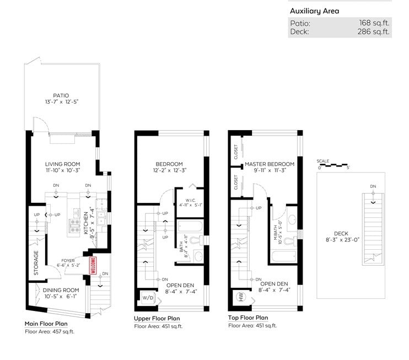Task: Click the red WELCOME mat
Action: [93, 265]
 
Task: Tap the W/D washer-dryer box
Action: [148, 297]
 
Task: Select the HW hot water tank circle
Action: [240, 297]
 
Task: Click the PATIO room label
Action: [61, 95]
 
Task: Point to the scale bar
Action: [333, 165]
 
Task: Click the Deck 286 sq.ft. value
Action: [373, 31]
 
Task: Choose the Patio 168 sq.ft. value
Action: [374, 23]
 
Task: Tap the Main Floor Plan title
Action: [46, 324]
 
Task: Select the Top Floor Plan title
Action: [248, 318]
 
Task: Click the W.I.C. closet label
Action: [190, 200]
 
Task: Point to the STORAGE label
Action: [36, 263]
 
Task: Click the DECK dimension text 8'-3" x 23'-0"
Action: [342, 240]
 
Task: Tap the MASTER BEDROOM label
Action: [270, 164]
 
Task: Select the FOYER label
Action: [68, 260]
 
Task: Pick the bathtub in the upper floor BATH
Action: [190, 227]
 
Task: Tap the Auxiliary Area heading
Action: [315, 11]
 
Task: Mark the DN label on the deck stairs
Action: [373, 186]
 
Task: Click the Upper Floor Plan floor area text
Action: [158, 326]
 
